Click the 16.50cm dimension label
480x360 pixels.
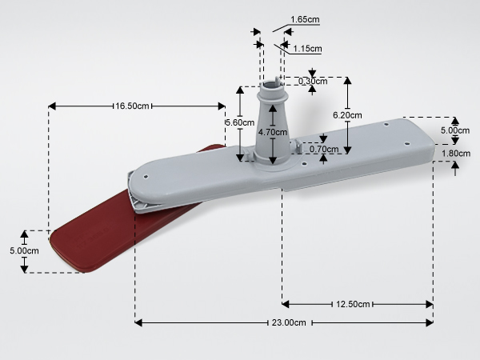click(x=132, y=106)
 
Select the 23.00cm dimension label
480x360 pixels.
click(x=289, y=322)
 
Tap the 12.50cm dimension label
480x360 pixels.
click(x=353, y=304)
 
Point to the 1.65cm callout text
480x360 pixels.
click(x=305, y=19)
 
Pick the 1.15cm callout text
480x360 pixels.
click(x=307, y=49)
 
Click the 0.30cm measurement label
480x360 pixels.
click(x=313, y=81)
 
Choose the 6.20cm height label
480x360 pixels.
click(x=347, y=115)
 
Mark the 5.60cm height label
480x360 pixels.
click(x=240, y=122)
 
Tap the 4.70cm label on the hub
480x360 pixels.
click(x=273, y=132)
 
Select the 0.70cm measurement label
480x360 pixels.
click(x=324, y=149)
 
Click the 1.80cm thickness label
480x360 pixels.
click(x=456, y=154)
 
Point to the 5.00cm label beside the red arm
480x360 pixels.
click(x=24, y=250)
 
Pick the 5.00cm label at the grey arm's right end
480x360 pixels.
click(x=455, y=130)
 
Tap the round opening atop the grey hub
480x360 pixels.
click(x=270, y=84)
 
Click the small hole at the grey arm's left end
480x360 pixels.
click(x=146, y=177)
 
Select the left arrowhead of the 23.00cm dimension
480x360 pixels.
click(x=138, y=322)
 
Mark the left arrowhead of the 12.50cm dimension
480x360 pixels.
click(x=286, y=304)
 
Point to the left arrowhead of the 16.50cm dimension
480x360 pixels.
click(x=52, y=106)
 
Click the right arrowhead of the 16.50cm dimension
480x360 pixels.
click(x=222, y=106)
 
